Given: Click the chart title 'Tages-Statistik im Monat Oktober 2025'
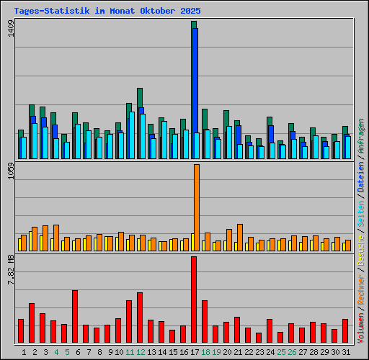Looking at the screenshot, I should click(107, 12).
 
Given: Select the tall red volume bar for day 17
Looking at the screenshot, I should click(194, 300).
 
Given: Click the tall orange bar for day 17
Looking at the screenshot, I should click(196, 207).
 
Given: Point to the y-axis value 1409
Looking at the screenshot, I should click(10, 32).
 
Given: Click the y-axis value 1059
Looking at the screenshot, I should click(10, 176).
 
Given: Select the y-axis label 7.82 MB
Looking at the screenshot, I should click(10, 271).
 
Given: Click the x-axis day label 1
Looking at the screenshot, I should click(25, 352).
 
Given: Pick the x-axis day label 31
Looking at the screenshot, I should click(346, 352).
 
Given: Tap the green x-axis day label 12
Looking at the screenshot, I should click(141, 352).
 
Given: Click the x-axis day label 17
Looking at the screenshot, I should click(195, 352).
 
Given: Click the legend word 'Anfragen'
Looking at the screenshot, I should click(361, 138).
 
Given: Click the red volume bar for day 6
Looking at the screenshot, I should click(75, 317).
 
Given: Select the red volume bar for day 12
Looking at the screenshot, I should click(140, 318).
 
